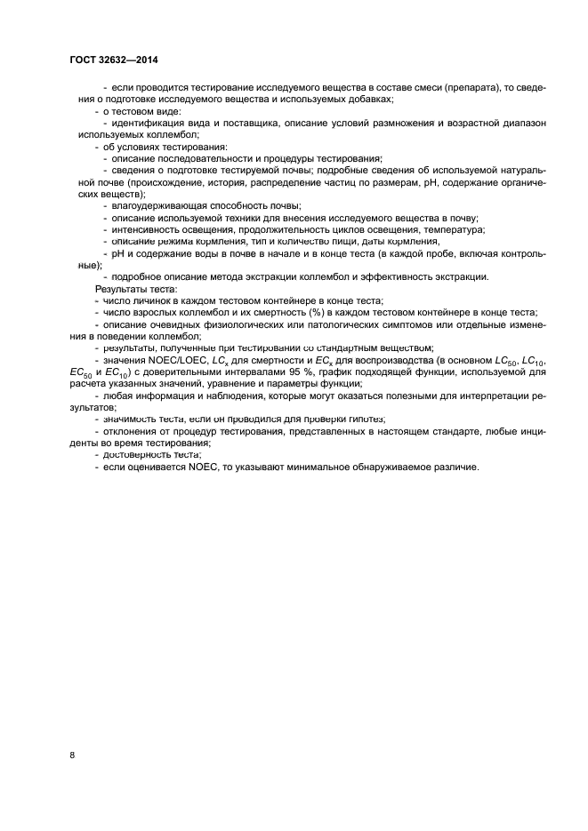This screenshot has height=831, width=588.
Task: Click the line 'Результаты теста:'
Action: [x=135, y=289]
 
